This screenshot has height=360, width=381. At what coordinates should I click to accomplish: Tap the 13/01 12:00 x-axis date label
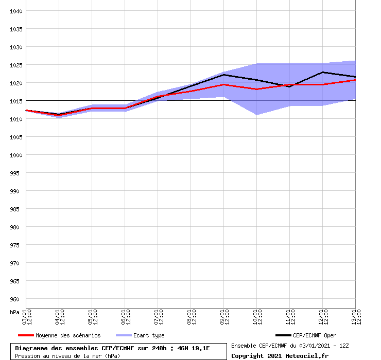tap(356, 317)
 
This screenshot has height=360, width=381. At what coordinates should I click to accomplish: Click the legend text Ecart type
tap(149, 335)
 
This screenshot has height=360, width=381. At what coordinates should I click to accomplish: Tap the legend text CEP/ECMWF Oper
tap(314, 335)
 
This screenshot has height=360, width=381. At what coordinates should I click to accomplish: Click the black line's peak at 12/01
tap(322, 72)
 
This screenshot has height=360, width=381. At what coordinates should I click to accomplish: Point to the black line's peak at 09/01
tap(223, 75)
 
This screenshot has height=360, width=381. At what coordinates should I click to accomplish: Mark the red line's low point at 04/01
tap(59, 115)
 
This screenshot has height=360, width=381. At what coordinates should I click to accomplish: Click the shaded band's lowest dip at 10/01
tap(256, 114)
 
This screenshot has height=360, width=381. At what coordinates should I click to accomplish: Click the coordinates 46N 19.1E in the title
tap(194, 348)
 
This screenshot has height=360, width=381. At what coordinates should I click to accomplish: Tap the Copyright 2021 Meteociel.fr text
tap(280, 355)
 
